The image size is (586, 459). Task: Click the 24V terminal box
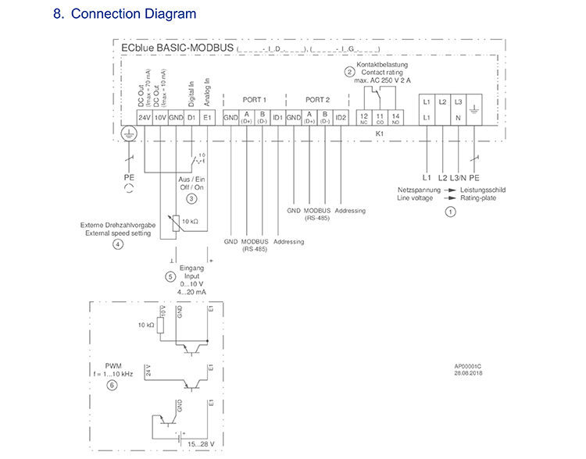[x=144, y=117]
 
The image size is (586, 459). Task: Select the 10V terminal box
[x=159, y=117]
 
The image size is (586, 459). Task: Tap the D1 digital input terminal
[x=191, y=117]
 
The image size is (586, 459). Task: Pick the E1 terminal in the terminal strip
[x=207, y=117]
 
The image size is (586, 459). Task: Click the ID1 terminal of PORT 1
[x=277, y=117]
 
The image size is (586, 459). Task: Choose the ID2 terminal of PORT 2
[x=341, y=117]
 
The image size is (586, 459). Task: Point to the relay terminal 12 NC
[x=363, y=117]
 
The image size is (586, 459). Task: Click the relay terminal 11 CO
[x=379, y=117]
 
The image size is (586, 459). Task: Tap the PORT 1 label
[x=254, y=100]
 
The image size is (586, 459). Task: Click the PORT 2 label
[x=317, y=100]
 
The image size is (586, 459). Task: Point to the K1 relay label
[x=380, y=133]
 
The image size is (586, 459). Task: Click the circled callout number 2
[x=348, y=71]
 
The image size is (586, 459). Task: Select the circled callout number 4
[x=117, y=244]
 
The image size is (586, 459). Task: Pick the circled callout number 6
[x=112, y=385]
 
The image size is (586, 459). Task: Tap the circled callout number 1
[x=450, y=211]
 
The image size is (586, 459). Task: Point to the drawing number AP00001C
[x=470, y=365]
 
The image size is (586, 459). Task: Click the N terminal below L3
[x=459, y=117]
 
